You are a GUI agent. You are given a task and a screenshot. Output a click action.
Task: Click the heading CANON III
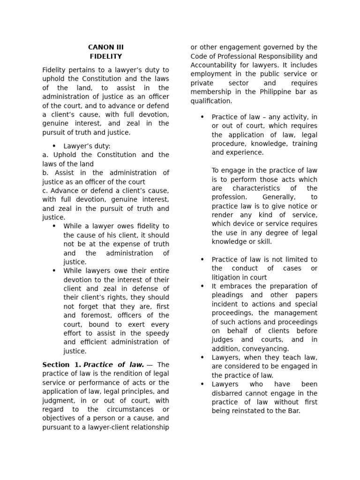pyautogui.click(x=105, y=47)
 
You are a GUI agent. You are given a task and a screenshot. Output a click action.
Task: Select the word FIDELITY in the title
pyautogui.click(x=105, y=56)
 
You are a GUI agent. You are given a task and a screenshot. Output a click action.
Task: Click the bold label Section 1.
pyautogui.click(x=61, y=365)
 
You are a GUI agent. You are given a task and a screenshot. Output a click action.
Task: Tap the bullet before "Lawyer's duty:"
pyautogui.click(x=54, y=146)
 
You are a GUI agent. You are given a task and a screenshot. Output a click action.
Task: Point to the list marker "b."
pyautogui.click(x=45, y=173)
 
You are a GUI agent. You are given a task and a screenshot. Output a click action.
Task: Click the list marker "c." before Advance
pyautogui.click(x=45, y=191)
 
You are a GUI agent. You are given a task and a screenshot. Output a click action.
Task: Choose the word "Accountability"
pyautogui.click(x=213, y=65)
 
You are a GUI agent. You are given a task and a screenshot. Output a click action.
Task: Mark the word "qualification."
pyautogui.click(x=211, y=101)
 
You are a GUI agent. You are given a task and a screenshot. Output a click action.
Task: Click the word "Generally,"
pyautogui.click(x=277, y=197)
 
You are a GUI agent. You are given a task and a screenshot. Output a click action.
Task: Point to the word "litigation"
pyautogui.click(x=226, y=277)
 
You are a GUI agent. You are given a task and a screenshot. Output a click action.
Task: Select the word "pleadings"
pyautogui.click(x=227, y=295)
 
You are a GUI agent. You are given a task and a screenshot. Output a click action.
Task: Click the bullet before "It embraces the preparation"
pyautogui.click(x=202, y=286)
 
